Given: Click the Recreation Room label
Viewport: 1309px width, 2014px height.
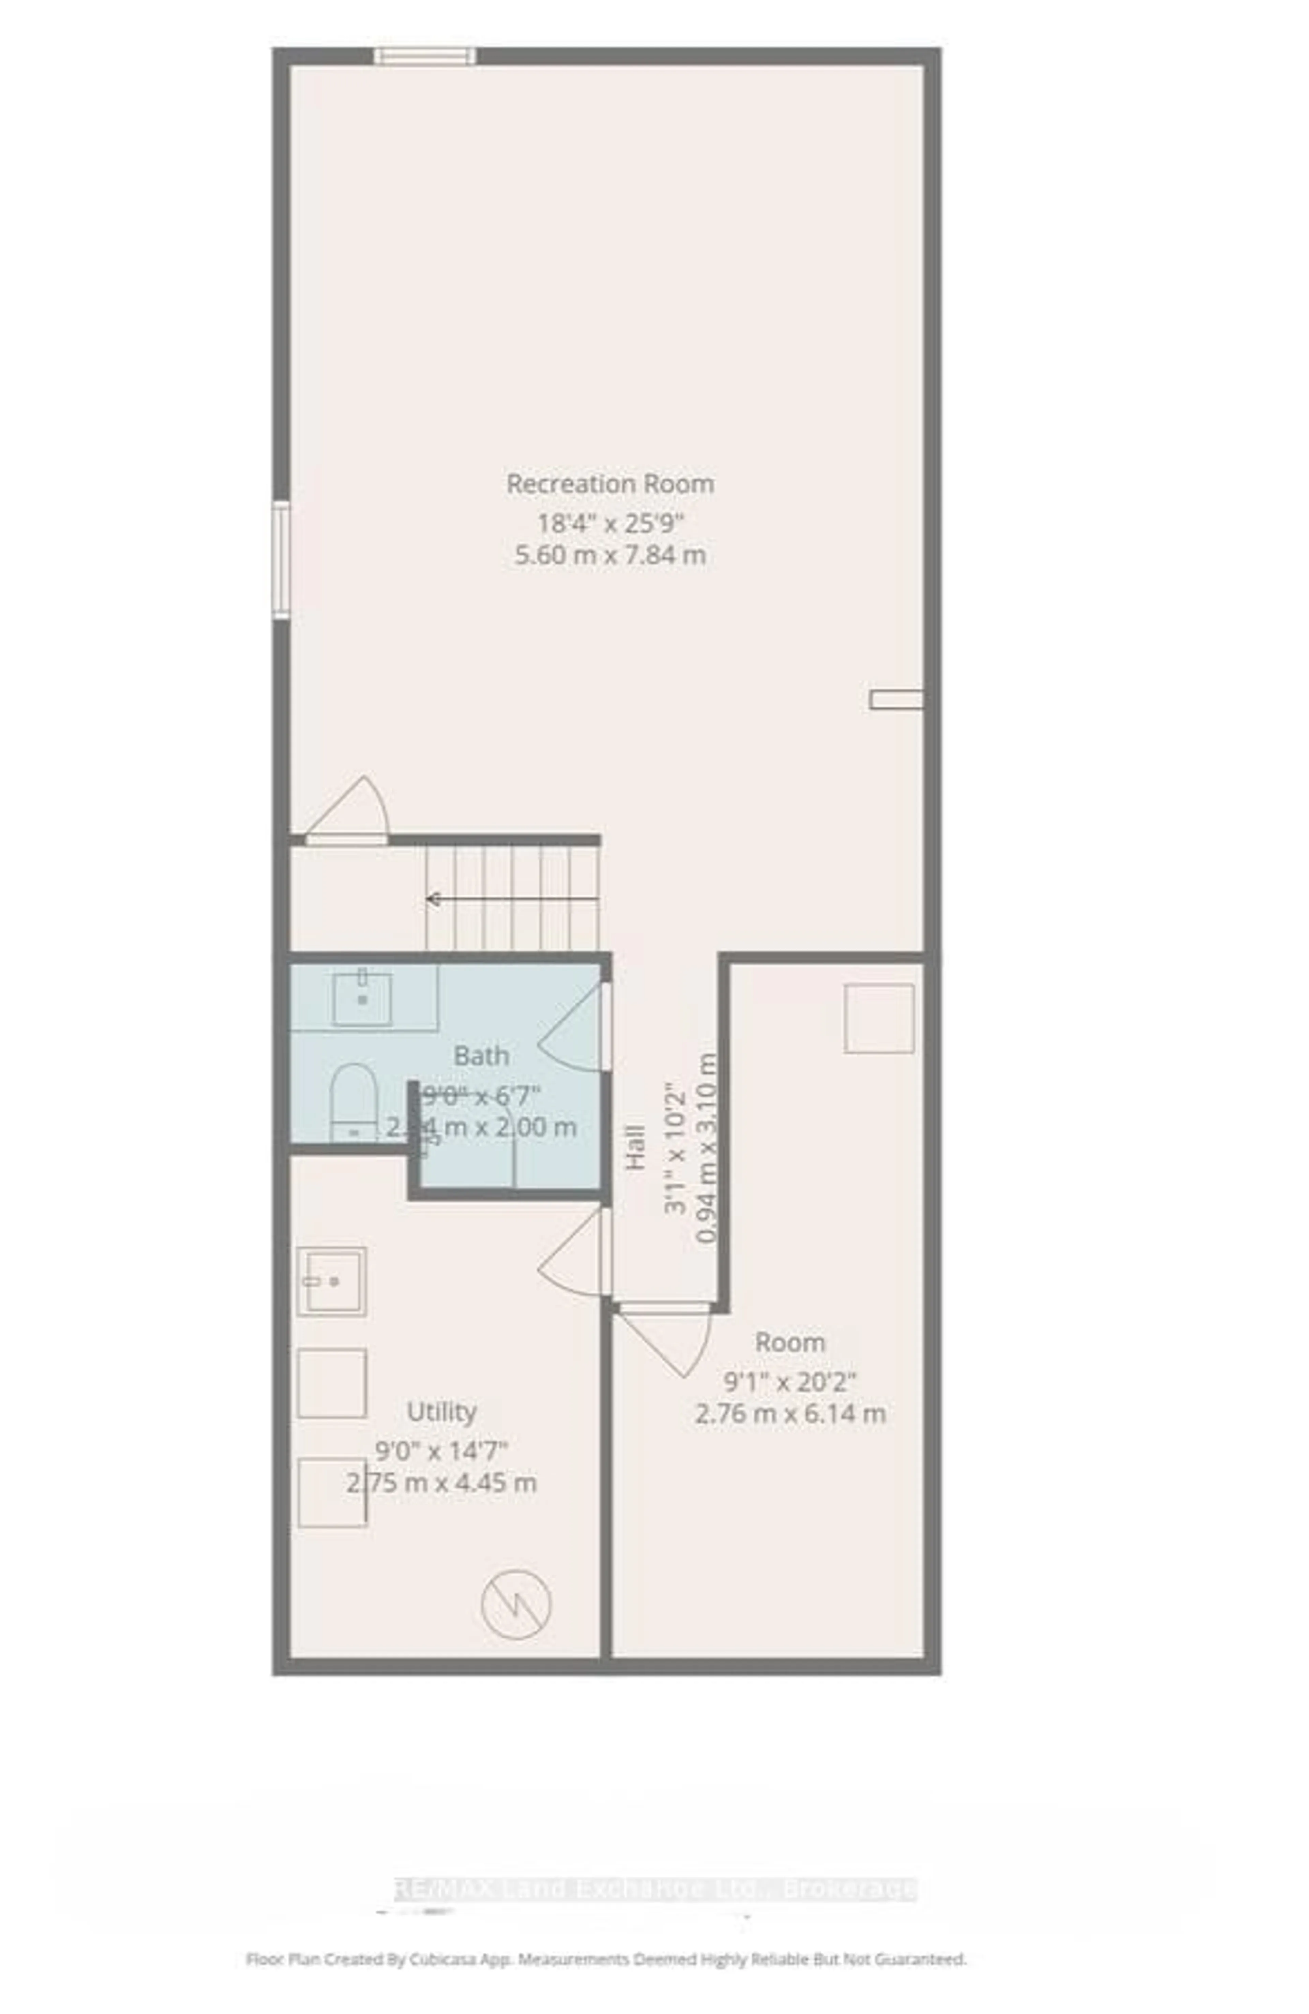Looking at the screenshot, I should (x=609, y=484).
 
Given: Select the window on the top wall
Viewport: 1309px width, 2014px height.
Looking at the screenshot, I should (x=425, y=57).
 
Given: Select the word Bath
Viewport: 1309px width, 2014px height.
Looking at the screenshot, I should (x=481, y=1056).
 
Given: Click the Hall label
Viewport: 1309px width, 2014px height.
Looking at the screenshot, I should (x=635, y=1147).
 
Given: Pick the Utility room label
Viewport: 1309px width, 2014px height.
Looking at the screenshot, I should (x=441, y=1412).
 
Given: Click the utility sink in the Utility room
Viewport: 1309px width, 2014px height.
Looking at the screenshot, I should (x=331, y=1281).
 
